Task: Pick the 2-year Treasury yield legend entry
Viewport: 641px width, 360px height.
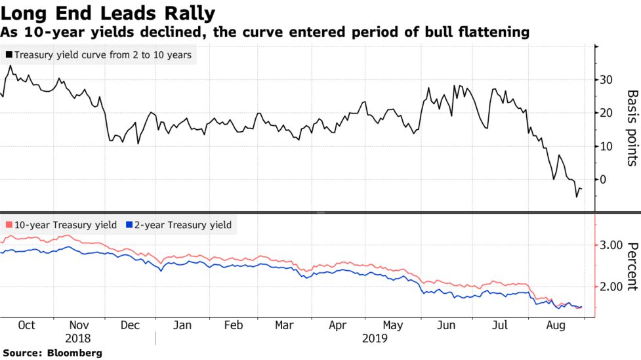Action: tap(183, 225)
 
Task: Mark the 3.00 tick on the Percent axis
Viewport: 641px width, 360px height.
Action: tap(611, 245)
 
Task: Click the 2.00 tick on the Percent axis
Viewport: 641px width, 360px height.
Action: tap(611, 287)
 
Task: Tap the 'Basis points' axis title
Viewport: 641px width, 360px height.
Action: tap(632, 128)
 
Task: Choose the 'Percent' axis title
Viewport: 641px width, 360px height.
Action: tap(632, 266)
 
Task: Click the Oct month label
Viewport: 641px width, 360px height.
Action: tap(26, 325)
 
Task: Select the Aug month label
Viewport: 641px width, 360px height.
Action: tap(555, 325)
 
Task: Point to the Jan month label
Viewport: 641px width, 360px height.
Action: tap(182, 325)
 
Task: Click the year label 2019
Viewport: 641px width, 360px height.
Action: tap(374, 338)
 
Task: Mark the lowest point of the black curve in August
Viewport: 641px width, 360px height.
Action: tap(577, 197)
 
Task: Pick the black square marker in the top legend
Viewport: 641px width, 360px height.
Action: tap(9, 56)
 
